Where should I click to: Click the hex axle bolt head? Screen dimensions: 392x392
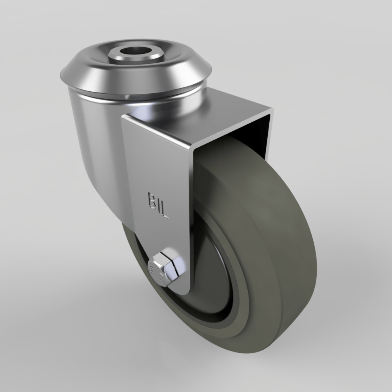pos(165,269)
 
